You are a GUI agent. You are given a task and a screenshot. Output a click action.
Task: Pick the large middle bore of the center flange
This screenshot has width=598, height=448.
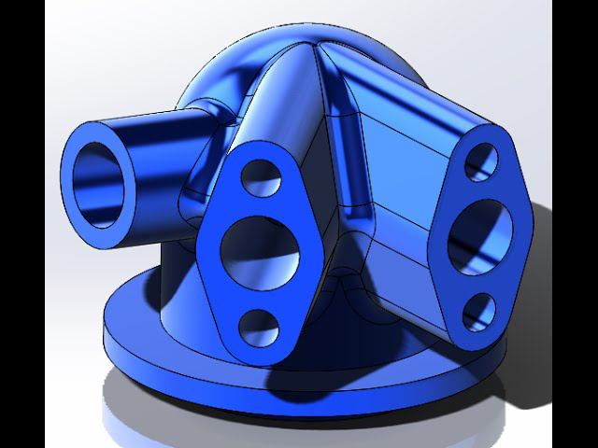pos(260,250)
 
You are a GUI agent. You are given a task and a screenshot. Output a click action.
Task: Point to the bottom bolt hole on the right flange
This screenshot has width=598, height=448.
pos(478,311)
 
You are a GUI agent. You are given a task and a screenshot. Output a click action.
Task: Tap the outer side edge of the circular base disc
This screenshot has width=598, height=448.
pos(187,369)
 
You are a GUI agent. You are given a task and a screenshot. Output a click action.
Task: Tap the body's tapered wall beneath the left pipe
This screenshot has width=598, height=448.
pos(178,271)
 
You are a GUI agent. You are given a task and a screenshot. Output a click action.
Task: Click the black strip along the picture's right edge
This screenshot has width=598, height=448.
pos(575,224)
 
